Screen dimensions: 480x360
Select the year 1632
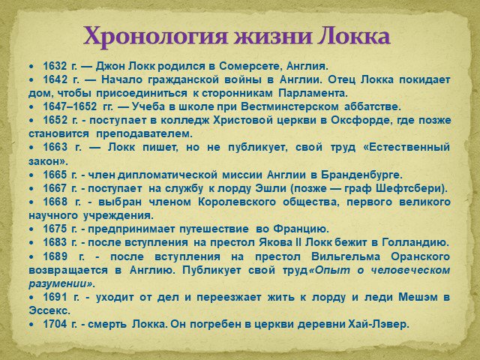[x=55, y=66]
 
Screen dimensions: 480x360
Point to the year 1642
[x=55, y=79]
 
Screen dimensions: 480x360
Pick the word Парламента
[x=313, y=93]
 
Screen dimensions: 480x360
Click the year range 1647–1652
[x=70, y=106]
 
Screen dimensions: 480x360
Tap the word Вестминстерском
[x=289, y=106]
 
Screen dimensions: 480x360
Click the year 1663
[x=55, y=148]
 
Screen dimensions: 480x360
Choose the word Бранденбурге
[x=361, y=175]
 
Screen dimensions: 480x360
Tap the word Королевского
[x=237, y=202]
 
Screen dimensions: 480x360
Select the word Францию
[x=301, y=229]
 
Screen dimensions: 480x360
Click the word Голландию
[x=415, y=243]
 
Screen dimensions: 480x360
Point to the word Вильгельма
[x=346, y=256]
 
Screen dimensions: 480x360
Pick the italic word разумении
[x=61, y=284]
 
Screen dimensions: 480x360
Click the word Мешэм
[x=418, y=297]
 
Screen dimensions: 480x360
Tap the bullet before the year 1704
[x=31, y=325]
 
